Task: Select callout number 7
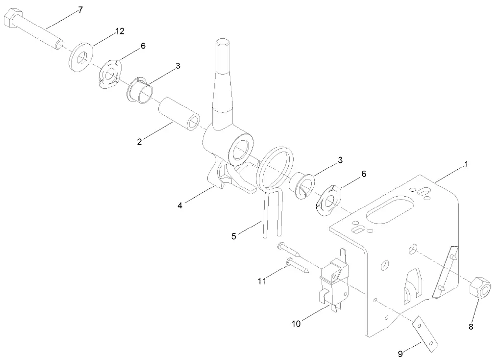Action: pyautogui.click(x=80, y=10)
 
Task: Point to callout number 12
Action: pyautogui.click(x=120, y=31)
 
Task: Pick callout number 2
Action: pyautogui.click(x=140, y=142)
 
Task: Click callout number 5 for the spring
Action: pyautogui.click(x=234, y=236)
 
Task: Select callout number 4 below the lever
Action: pyautogui.click(x=180, y=205)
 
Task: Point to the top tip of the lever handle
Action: pyautogui.click(x=221, y=43)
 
